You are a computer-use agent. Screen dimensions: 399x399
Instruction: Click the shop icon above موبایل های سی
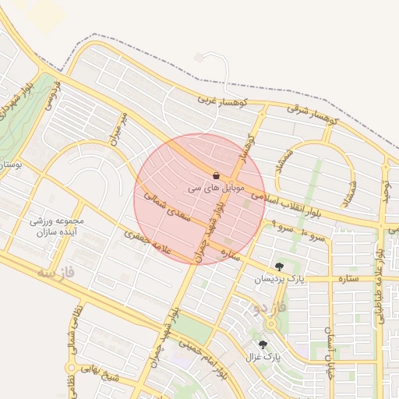click(216, 175)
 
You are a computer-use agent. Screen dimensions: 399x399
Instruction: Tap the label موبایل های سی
click(216, 189)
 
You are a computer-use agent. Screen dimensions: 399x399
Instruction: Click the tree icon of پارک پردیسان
click(279, 267)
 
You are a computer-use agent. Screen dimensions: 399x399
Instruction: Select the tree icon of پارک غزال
click(262, 344)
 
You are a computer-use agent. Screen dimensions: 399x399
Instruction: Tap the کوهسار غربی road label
click(221, 100)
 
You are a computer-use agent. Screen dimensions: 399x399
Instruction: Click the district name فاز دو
click(260, 308)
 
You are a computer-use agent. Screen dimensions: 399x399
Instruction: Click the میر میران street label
click(118, 126)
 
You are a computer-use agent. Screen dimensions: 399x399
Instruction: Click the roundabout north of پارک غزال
click(272, 323)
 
